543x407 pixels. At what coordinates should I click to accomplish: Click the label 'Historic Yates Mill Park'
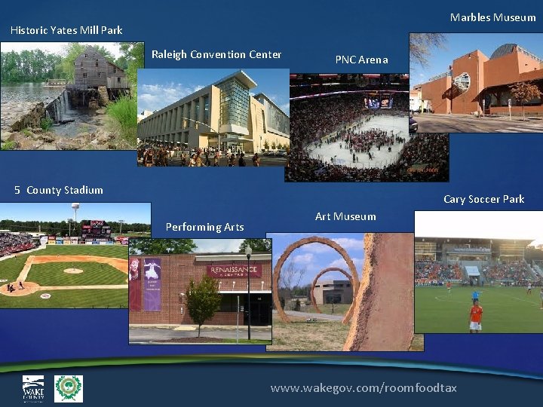(x=66, y=30)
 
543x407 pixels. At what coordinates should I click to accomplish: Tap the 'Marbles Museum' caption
(x=492, y=17)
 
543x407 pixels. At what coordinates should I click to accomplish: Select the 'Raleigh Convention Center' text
(x=216, y=54)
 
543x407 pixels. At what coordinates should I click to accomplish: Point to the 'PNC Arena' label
(x=361, y=60)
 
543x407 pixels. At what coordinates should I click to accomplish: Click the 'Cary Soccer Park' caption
(x=483, y=199)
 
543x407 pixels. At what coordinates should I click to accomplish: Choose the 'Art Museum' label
(x=345, y=216)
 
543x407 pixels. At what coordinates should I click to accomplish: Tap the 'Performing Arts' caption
(x=204, y=227)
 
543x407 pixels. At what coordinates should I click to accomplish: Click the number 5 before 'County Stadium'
(x=17, y=190)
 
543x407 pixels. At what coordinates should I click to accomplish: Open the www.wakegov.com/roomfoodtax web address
(x=364, y=387)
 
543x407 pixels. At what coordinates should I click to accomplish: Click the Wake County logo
(x=33, y=388)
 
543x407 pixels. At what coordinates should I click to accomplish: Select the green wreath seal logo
(x=69, y=388)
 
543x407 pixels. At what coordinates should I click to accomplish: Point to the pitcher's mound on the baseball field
(x=73, y=270)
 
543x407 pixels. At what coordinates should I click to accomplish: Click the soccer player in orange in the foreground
(x=475, y=315)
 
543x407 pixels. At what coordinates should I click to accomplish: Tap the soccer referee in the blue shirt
(x=474, y=292)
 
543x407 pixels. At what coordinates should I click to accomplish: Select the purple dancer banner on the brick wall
(x=152, y=283)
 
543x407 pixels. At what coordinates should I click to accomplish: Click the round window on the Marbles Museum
(x=462, y=81)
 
